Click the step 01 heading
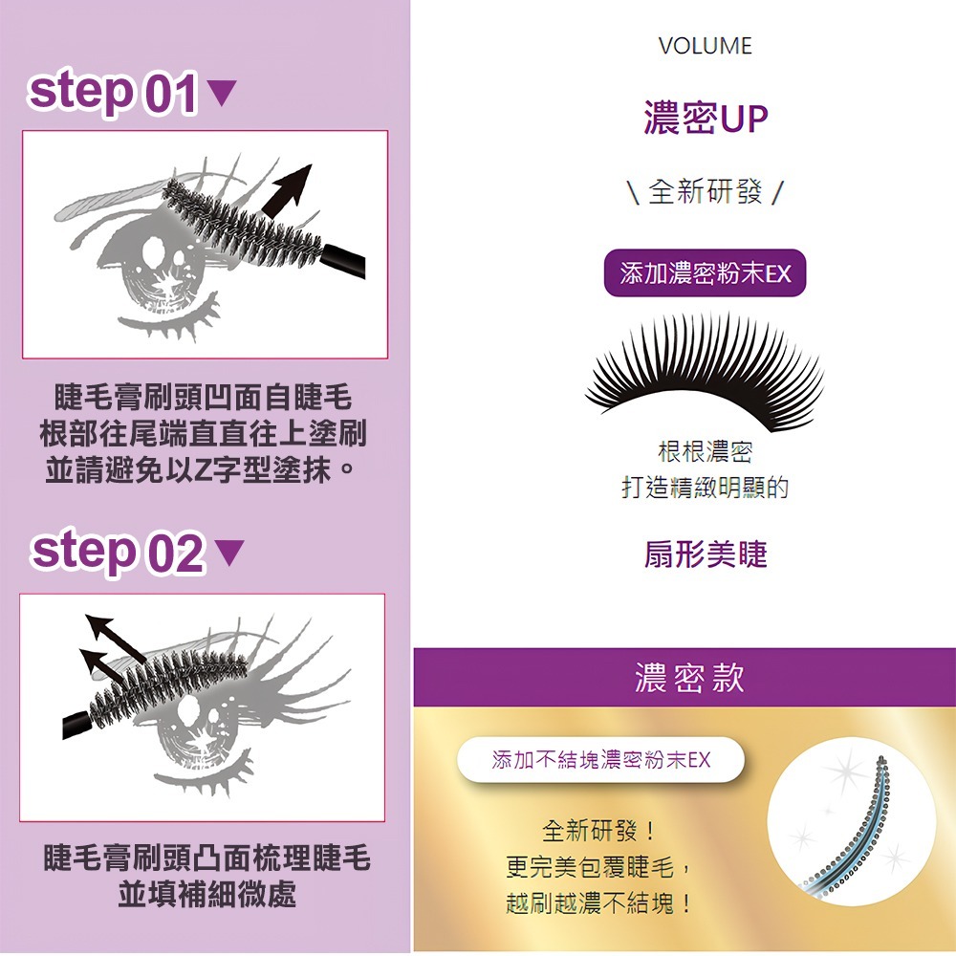[x=113, y=94]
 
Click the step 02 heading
[x=117, y=553]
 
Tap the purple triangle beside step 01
[x=221, y=94]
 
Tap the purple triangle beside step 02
[x=230, y=553]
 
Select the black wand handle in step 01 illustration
[x=344, y=261]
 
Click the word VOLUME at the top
[x=706, y=46]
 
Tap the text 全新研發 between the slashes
[x=706, y=192]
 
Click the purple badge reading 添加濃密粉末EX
[x=706, y=274]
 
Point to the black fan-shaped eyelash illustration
[x=706, y=368]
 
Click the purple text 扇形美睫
[x=706, y=554]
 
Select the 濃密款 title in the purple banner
[x=688, y=677]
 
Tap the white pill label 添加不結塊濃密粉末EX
[x=600, y=760]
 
